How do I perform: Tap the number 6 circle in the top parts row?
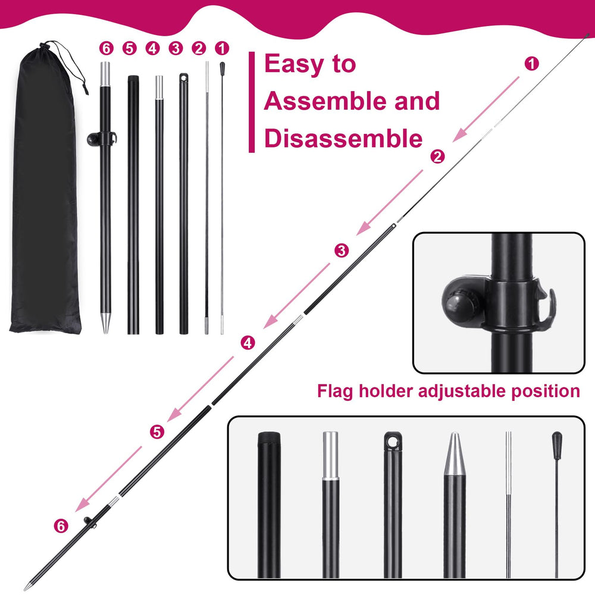(x=107, y=49)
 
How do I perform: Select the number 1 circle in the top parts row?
(x=222, y=49)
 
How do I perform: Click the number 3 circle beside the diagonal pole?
(x=342, y=250)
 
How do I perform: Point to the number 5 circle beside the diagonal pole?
(x=157, y=432)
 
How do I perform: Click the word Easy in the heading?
(x=296, y=64)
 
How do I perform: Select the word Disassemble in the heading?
(x=343, y=138)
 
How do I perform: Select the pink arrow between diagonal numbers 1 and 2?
(x=486, y=109)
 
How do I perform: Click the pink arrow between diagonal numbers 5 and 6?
(x=108, y=479)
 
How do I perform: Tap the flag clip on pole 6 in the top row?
(x=102, y=139)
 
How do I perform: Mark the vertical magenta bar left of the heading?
(x=252, y=102)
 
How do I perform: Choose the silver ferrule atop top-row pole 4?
(x=159, y=87)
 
